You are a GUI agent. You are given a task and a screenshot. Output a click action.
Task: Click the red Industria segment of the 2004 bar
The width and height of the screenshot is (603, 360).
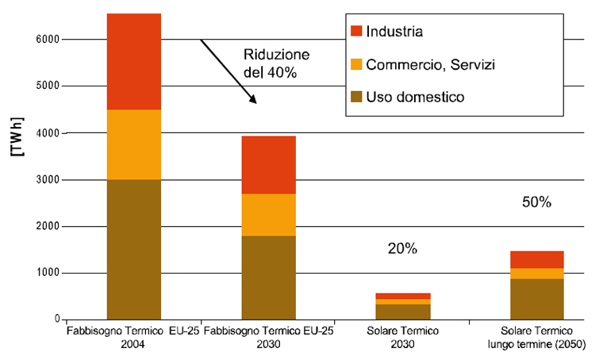[134, 61]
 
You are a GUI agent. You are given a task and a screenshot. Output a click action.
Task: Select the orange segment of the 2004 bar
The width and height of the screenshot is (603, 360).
[134, 144]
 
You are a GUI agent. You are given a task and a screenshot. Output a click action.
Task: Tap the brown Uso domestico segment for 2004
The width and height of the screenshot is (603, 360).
[134, 249]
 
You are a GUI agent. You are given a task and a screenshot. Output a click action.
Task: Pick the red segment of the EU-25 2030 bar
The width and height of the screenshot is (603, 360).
[269, 164]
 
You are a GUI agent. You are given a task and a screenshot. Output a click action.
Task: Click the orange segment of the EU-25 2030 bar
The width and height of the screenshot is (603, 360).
[269, 214]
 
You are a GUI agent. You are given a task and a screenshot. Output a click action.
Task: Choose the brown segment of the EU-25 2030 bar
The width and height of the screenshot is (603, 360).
[269, 277]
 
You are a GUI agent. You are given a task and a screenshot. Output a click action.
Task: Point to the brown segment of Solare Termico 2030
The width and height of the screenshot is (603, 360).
[403, 312]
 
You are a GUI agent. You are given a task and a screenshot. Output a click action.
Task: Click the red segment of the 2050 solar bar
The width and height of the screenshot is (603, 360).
[537, 259]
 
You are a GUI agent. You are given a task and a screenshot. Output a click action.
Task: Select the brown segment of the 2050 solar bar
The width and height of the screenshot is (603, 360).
[537, 299]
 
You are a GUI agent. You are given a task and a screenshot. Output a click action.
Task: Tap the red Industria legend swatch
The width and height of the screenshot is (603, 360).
[356, 32]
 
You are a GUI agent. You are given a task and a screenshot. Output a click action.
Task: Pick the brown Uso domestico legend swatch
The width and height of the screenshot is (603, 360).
[356, 97]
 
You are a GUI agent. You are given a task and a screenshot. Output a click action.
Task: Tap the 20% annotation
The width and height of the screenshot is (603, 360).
[401, 249]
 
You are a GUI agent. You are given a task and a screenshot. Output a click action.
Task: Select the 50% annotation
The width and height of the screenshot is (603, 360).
[536, 202]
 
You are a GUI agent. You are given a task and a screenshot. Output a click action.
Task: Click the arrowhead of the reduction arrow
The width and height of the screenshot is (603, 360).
[253, 100]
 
